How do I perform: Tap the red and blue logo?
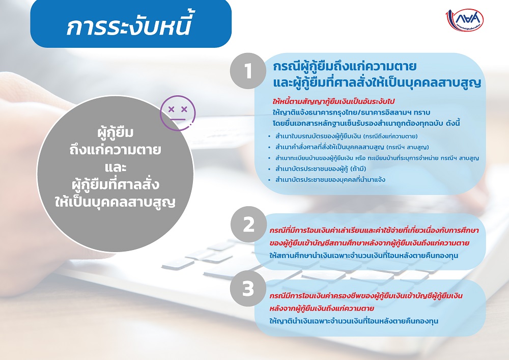coord(465,20)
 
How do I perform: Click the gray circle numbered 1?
coord(248,71)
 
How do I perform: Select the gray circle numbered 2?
coord(249,225)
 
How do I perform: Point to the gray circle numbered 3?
coord(248,288)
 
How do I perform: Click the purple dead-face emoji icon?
coord(178,113)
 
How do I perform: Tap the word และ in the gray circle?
coord(116,168)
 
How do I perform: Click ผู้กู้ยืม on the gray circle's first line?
coord(115,132)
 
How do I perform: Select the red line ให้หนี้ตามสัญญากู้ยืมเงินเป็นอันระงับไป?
coord(333,102)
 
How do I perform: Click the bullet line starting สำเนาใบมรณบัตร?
coord(346,136)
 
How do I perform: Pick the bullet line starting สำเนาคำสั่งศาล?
coord(352,147)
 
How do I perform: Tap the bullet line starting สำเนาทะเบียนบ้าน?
coord(377,158)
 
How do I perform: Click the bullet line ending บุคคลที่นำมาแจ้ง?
coord(330,180)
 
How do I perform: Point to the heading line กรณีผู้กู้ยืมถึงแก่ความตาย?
coord(345,67)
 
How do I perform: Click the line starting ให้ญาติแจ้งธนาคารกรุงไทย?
coord(351,113)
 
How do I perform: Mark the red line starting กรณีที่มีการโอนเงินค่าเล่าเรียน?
coord(374,231)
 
